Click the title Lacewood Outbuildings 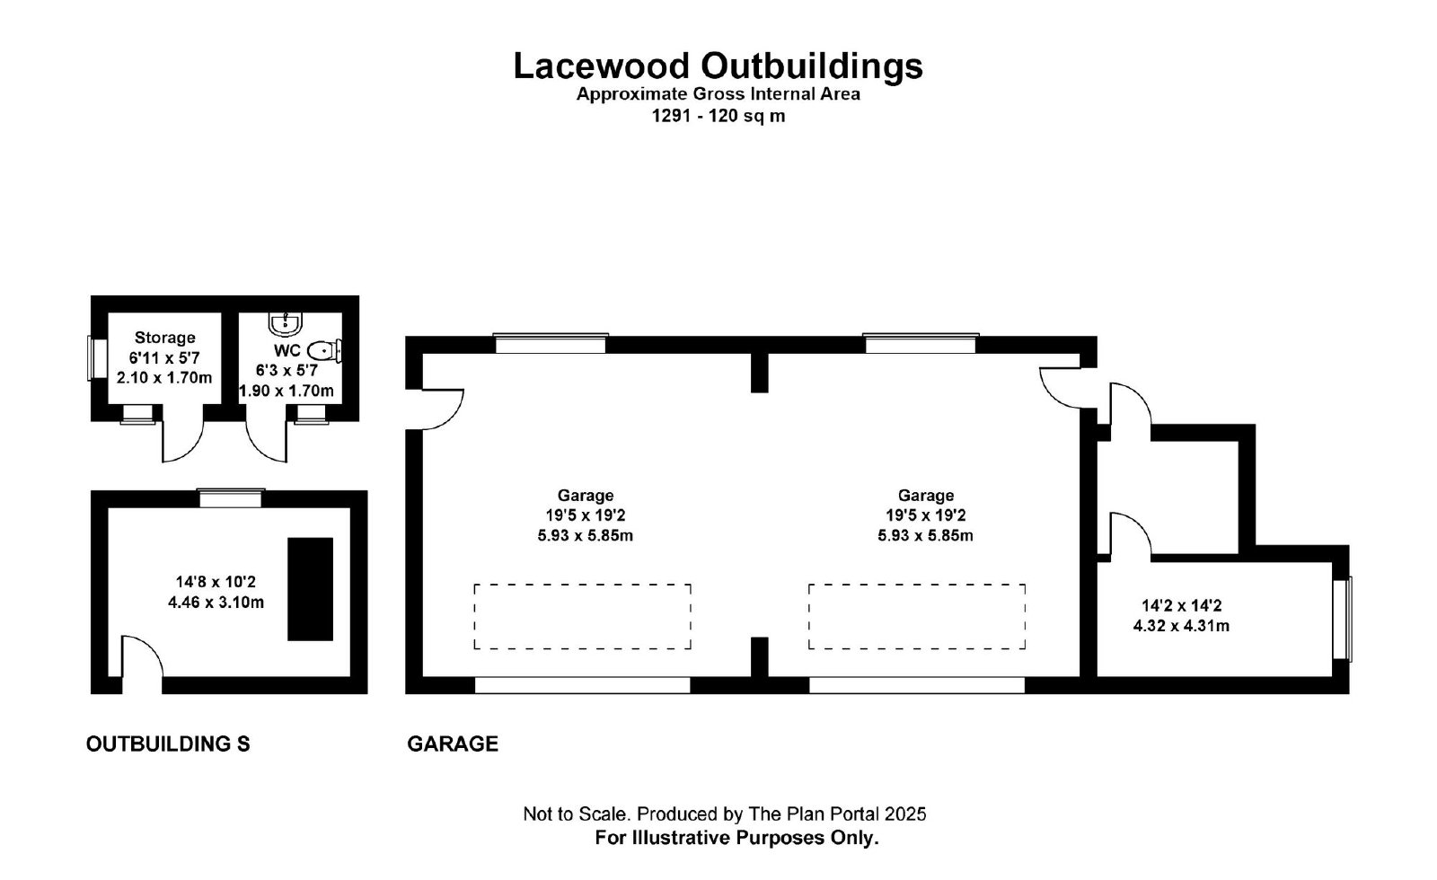(718, 66)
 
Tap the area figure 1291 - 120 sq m (718, 116)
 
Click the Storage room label (165, 338)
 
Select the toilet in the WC (324, 351)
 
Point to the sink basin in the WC (285, 324)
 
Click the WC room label (287, 351)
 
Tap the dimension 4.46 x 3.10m (216, 603)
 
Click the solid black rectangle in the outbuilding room (310, 589)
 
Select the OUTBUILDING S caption (168, 744)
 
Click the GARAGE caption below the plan (453, 744)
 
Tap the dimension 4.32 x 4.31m (1181, 626)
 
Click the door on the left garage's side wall (442, 409)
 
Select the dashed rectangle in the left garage (583, 616)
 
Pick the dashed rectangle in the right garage (917, 616)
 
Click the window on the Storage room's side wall (98, 359)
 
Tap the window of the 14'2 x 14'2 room (1342, 619)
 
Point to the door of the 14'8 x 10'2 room (142, 656)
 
